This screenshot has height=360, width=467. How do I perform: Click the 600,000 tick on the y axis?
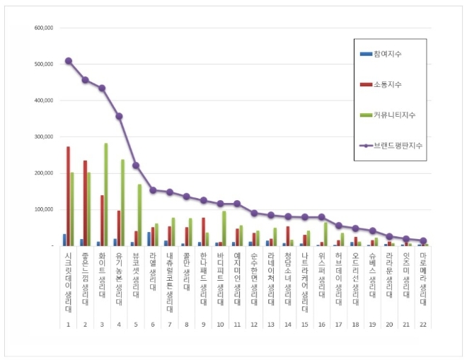click(x=44, y=28)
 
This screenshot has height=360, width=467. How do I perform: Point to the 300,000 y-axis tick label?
click(x=44, y=137)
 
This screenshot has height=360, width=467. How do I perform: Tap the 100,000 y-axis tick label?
click(x=44, y=209)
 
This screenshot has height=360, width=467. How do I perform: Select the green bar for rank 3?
click(x=106, y=194)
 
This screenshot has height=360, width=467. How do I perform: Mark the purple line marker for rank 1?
click(x=68, y=61)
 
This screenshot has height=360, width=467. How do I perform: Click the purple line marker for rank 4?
click(x=119, y=116)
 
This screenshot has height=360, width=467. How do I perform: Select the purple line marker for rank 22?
click(x=423, y=240)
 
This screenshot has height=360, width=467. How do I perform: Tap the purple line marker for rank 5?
click(x=136, y=166)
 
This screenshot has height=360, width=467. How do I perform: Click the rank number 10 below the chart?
click(x=220, y=325)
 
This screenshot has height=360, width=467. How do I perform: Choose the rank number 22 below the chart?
click(x=423, y=325)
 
